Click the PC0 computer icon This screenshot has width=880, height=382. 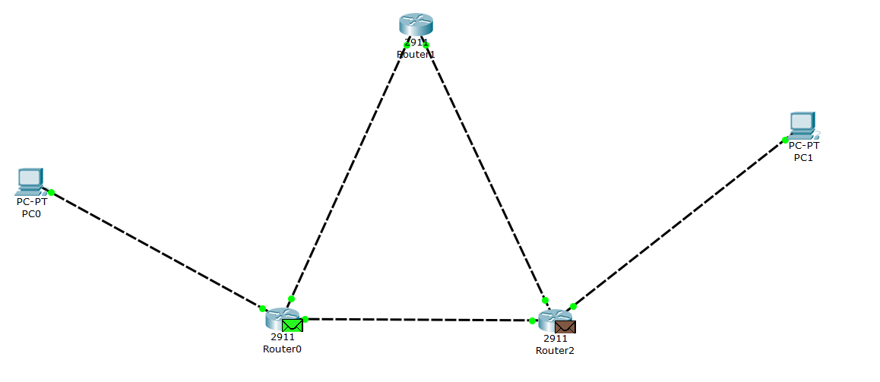[x=29, y=180]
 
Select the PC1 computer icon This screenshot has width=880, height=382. [x=802, y=124]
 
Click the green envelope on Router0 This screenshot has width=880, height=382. [x=293, y=325]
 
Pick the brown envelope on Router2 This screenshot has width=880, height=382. [x=565, y=327]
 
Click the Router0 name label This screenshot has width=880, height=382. [x=282, y=349]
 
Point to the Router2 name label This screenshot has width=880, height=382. [x=556, y=350]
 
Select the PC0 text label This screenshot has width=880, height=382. [x=31, y=213]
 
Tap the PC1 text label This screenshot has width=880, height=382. [x=803, y=157]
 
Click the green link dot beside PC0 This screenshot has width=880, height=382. [x=51, y=192]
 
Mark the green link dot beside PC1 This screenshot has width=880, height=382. [x=785, y=140]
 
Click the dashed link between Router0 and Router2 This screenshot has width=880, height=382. [x=418, y=320]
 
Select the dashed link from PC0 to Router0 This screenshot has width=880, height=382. [x=156, y=250]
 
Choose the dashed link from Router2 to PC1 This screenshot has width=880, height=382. [x=679, y=223]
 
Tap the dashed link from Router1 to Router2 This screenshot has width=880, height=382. [x=486, y=174]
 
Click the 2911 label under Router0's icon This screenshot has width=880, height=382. [x=282, y=336]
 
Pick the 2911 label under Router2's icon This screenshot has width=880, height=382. [x=556, y=339]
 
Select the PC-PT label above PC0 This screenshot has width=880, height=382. [x=31, y=202]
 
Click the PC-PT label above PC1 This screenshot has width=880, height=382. [x=803, y=145]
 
